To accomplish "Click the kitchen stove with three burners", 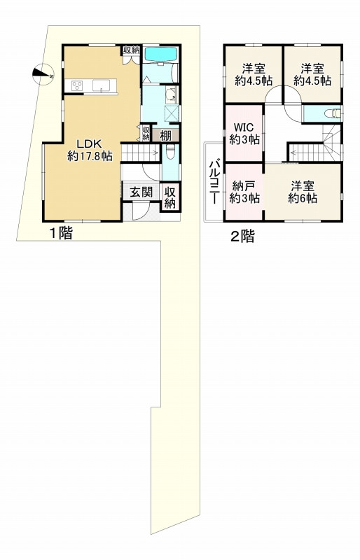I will click(76, 86).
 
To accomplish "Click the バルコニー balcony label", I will click(213, 181).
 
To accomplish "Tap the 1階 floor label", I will click(60, 234).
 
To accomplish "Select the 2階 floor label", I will click(242, 236).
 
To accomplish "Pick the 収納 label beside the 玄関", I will click(170, 197).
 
